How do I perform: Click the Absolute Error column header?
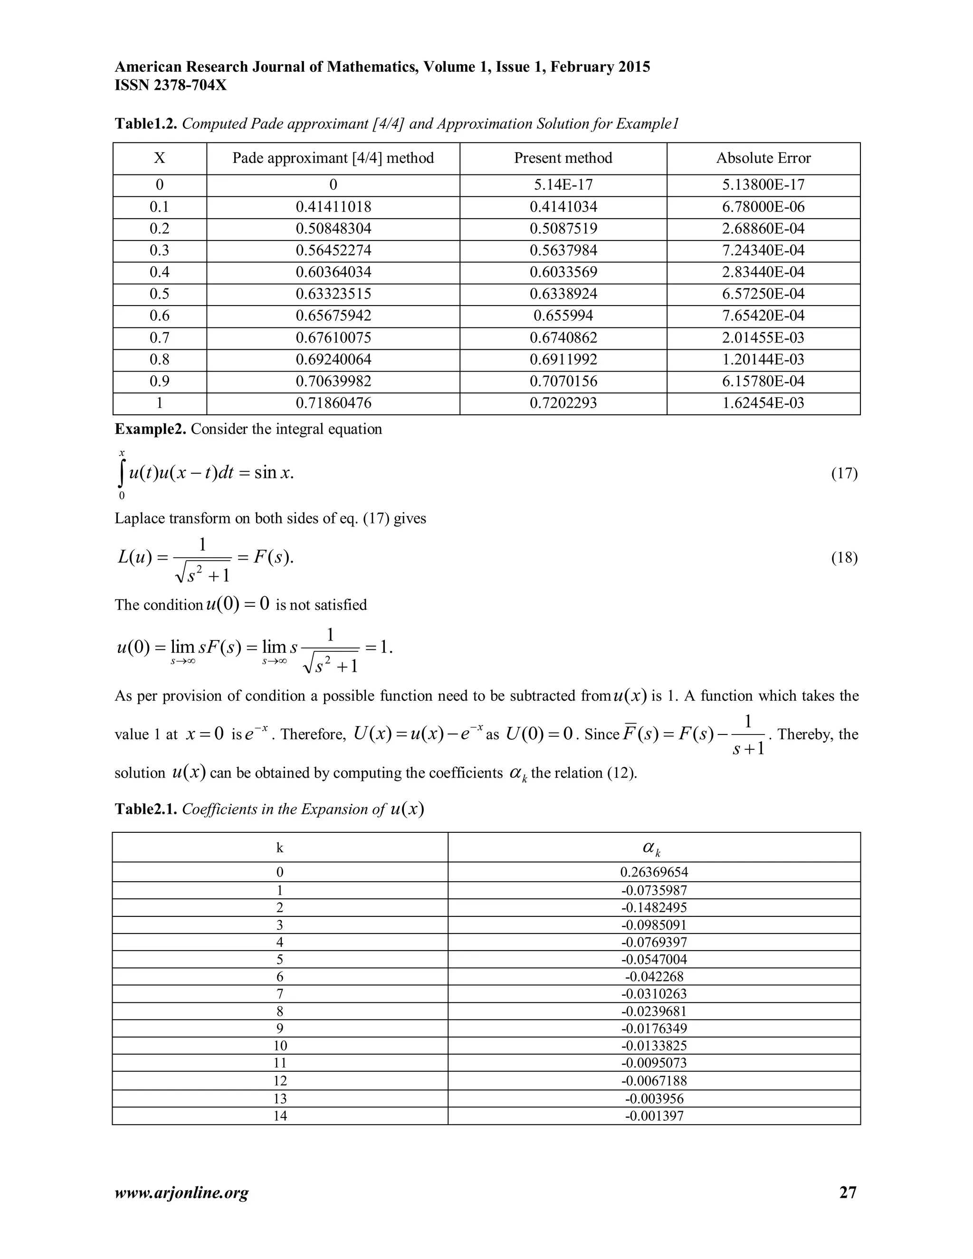click(763, 158)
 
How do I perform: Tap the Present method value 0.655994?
click(563, 315)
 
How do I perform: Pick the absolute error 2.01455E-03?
click(763, 337)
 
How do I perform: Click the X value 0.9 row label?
click(159, 381)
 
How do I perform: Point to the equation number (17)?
click(844, 473)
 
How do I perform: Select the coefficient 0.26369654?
click(654, 872)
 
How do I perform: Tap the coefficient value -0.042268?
click(654, 976)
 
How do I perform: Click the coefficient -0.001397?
click(654, 1116)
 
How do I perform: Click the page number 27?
click(848, 1192)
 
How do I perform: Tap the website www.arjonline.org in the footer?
click(181, 1192)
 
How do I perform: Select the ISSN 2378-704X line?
click(171, 86)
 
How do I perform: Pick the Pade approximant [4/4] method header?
click(333, 158)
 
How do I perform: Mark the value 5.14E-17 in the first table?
click(563, 184)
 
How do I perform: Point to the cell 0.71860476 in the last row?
click(333, 403)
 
